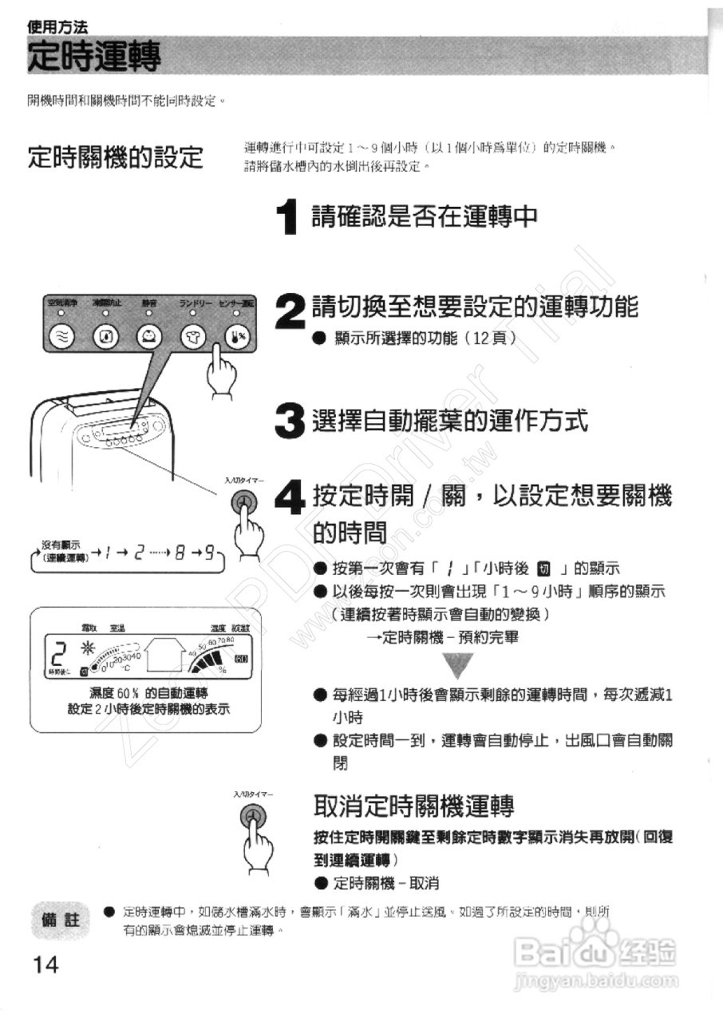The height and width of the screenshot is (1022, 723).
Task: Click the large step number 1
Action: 288,217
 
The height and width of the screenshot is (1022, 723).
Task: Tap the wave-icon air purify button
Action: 62,337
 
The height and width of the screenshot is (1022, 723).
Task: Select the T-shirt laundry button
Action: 192,337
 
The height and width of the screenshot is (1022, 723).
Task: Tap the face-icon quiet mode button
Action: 148,337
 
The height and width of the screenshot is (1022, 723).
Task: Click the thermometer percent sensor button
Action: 237,337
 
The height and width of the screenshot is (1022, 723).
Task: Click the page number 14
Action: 46,964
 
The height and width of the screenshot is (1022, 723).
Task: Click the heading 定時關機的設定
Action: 115,156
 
